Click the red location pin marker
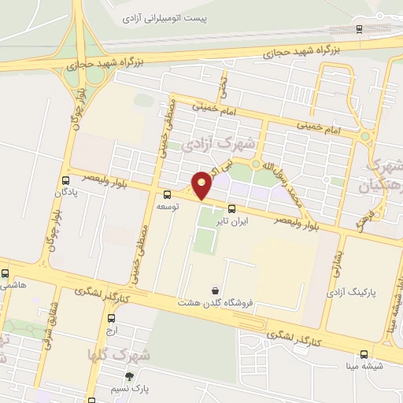202,185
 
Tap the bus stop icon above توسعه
167,194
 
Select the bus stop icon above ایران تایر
231,209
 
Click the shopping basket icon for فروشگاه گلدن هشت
216,290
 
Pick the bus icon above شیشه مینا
363,354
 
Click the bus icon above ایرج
110,319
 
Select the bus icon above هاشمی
6,273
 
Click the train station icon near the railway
360,29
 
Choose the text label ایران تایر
233,222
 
